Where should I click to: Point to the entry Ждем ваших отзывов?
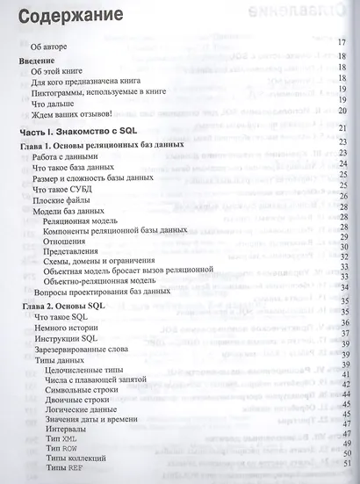point(70,112)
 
